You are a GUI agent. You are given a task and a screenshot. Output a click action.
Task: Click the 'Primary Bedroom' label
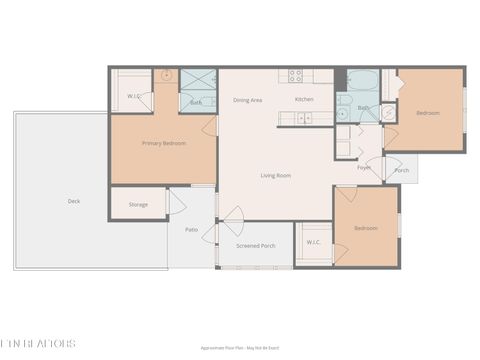coord(164,143)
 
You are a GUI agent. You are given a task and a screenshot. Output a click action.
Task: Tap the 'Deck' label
coord(74,201)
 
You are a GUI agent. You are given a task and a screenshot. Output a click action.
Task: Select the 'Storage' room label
coord(138,205)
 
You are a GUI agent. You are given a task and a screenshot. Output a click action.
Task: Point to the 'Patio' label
coord(191,229)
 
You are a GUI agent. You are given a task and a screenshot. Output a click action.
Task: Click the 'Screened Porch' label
coord(256,245)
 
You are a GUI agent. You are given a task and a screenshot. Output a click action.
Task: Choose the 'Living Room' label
coord(276,175)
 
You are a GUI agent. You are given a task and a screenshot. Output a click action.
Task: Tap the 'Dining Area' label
coord(248,100)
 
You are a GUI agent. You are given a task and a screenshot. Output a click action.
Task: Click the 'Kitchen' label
coord(304,99)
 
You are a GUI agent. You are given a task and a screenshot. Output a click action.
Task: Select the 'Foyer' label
coord(365,167)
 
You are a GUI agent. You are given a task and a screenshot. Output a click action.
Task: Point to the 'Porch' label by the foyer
coord(402,170)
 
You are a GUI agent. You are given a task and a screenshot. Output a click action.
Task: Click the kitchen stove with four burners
coord(296,75)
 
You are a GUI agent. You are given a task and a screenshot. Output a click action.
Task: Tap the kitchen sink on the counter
coord(303,118)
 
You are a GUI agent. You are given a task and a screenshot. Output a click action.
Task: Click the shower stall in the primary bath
coord(198,80)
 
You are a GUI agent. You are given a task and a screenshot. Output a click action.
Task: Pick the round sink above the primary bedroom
coord(166,75)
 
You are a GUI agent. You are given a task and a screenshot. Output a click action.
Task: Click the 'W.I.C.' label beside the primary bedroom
coord(132,96)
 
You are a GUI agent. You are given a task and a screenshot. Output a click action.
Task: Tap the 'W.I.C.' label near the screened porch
coord(312,241)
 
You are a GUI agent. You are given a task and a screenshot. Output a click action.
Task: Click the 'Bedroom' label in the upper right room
coord(428,113)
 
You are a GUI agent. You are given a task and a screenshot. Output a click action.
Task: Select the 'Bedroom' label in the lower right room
coord(366,228)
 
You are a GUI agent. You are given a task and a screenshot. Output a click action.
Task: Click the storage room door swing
coord(176,203)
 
